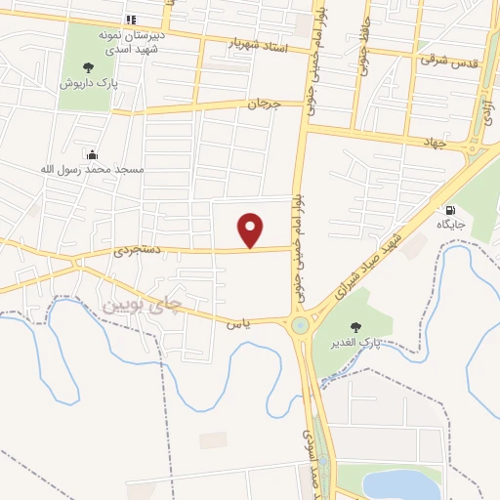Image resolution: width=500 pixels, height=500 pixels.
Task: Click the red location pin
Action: tap(252, 230)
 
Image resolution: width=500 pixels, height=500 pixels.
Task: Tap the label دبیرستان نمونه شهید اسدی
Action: tap(134, 41)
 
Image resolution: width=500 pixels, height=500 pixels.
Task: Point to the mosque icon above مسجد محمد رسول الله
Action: tap(92, 153)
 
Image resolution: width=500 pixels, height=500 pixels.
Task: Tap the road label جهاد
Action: tap(434, 143)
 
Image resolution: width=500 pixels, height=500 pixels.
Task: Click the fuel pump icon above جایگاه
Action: tap(450, 209)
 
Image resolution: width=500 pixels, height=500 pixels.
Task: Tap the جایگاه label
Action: tap(450, 225)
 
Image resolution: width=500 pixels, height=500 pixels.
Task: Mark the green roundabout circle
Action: tap(300, 325)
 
